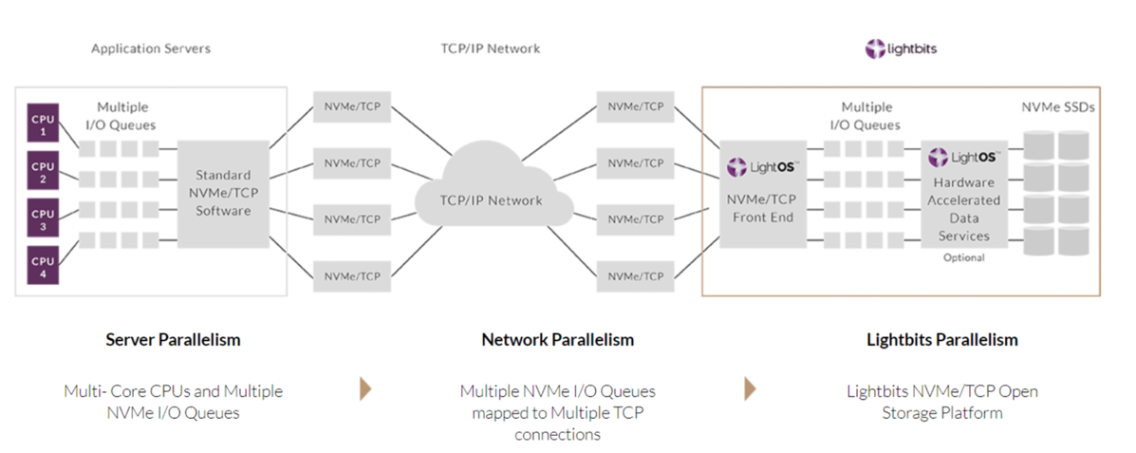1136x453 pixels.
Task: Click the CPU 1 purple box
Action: pos(43,126)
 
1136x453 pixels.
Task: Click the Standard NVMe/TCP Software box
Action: pos(223,194)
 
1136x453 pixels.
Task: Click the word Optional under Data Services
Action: pos(963,257)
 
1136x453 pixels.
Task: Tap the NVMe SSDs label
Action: pos(1058,107)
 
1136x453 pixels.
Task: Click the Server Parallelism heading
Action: pos(173,340)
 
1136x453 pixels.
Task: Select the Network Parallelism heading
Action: pos(558,340)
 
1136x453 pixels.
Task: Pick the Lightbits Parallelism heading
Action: pos(942,340)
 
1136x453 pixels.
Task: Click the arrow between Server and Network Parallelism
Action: pos(365,388)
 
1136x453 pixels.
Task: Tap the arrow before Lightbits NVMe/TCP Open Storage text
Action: pos(750,388)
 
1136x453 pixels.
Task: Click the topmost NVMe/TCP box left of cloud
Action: pos(352,107)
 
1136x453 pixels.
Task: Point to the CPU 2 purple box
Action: pos(43,173)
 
